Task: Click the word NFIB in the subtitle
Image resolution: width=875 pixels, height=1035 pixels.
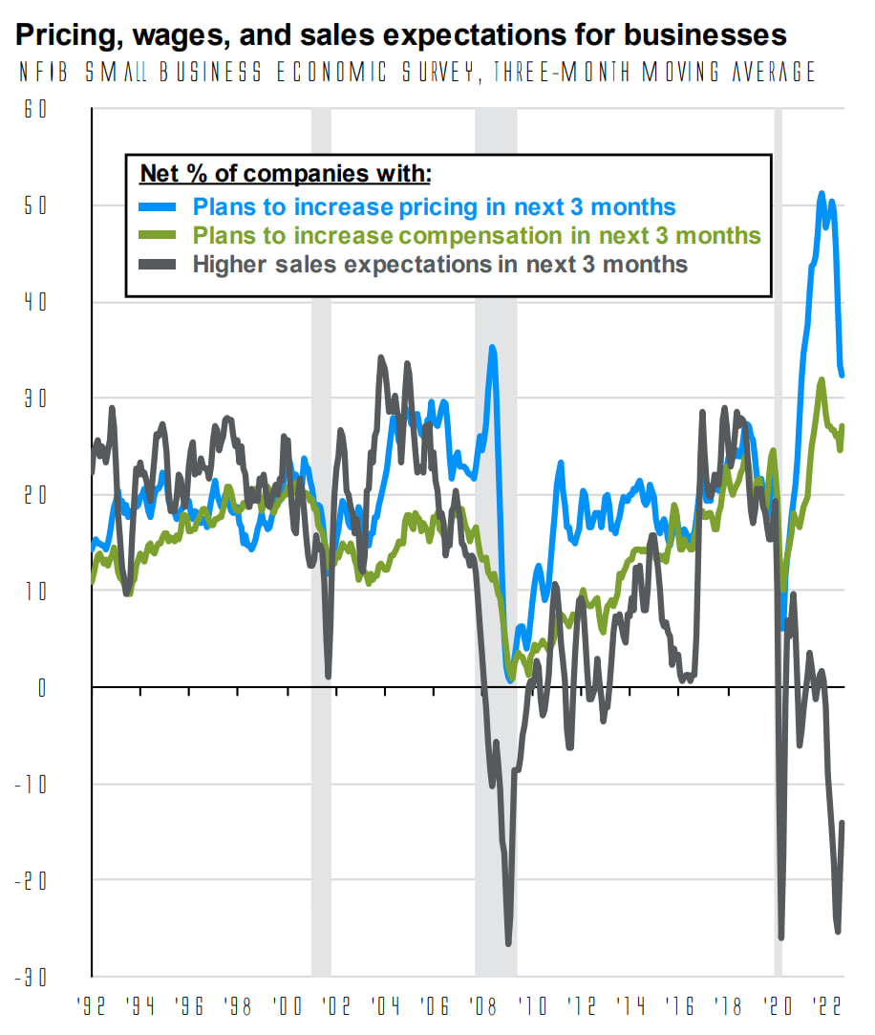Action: pyautogui.click(x=37, y=74)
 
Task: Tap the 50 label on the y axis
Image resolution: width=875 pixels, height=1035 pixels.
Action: pyautogui.click(x=36, y=205)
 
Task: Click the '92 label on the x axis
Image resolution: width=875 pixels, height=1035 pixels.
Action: pyautogui.click(x=92, y=1007)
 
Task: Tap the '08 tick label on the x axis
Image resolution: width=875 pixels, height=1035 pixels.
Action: pyautogui.click(x=483, y=1007)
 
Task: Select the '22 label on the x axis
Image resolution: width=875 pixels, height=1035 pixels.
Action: pyautogui.click(x=826, y=1007)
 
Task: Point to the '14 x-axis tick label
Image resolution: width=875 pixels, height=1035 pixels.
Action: pyautogui.click(x=630, y=1007)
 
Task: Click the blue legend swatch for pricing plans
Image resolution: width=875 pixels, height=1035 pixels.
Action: pyautogui.click(x=160, y=206)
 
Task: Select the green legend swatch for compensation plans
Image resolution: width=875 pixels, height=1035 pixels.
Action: pyautogui.click(x=160, y=235)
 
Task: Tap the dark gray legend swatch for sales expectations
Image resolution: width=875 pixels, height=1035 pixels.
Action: pyautogui.click(x=160, y=264)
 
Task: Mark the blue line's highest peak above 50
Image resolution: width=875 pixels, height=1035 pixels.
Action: pyautogui.click(x=822, y=194)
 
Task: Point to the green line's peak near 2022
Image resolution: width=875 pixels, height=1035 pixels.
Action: pyautogui.click(x=822, y=380)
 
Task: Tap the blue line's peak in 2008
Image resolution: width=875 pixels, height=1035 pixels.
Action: pyautogui.click(x=492, y=348)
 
